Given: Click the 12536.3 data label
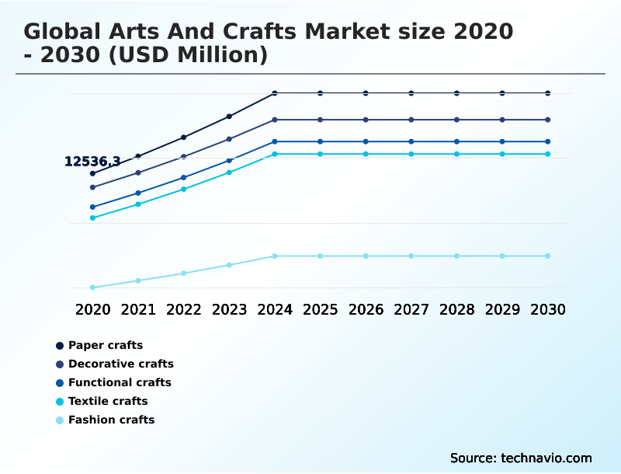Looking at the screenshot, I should point(92,162).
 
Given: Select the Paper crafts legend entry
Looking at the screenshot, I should point(105,345).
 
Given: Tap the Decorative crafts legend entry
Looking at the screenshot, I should point(120,364).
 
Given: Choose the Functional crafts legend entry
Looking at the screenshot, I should point(120,382).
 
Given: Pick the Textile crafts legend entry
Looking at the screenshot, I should point(108,401).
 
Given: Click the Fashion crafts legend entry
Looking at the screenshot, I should point(111,420).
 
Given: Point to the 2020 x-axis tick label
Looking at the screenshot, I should point(93,309).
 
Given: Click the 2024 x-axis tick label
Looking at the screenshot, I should point(275,309).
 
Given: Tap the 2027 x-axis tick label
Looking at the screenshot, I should point(411,309).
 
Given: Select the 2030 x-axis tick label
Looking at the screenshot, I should point(548,309).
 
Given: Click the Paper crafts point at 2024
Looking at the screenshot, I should point(275,93).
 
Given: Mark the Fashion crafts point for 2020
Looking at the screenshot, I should point(92,288).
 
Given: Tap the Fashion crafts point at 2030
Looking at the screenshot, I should point(548,256).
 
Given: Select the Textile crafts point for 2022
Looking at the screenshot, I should point(184,189).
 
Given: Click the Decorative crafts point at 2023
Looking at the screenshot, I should point(229,139).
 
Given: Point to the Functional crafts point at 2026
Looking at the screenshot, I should point(366,141).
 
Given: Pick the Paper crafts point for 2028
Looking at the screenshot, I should point(456,93).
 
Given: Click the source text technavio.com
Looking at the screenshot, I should point(546,458).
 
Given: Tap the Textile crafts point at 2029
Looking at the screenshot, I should point(502,154).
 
